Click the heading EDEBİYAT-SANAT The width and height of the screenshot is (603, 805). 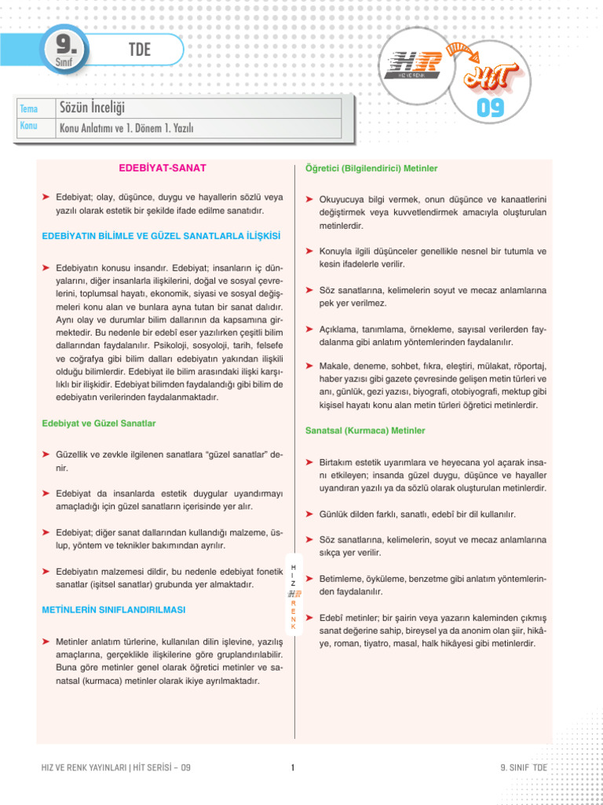pos(163,168)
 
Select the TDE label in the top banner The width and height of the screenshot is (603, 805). pos(139,50)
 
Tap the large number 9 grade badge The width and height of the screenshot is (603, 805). pos(66,48)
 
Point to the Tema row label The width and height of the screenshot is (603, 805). pos(28,108)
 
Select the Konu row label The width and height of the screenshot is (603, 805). pos(28,127)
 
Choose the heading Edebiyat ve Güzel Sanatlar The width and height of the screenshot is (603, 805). pos(98,424)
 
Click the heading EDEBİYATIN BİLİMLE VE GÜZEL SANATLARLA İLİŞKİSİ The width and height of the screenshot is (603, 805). pos(160,236)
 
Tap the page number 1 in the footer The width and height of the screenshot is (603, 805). pos(291,768)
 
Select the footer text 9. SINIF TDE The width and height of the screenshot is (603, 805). pos(522,768)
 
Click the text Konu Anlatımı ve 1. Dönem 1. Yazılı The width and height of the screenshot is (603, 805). pos(126,127)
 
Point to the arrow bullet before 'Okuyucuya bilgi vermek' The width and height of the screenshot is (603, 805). pos(310,200)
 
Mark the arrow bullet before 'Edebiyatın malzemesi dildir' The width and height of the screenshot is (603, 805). pos(46,571)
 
